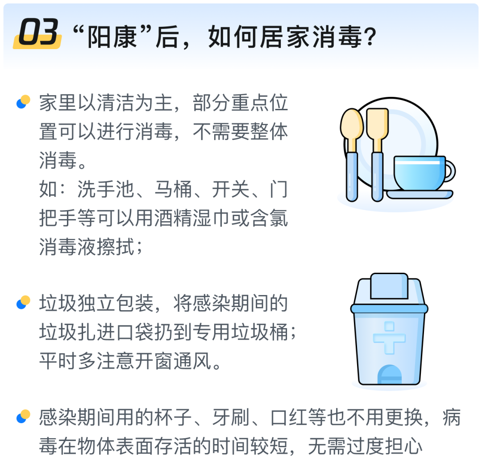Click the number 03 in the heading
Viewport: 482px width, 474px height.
click(37, 33)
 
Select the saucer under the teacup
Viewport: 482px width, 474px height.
click(420, 194)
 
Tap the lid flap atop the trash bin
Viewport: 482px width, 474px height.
click(389, 286)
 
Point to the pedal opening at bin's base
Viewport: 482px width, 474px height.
click(389, 375)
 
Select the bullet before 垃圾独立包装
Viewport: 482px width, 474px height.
click(23, 303)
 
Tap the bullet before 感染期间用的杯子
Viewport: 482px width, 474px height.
click(23, 416)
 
